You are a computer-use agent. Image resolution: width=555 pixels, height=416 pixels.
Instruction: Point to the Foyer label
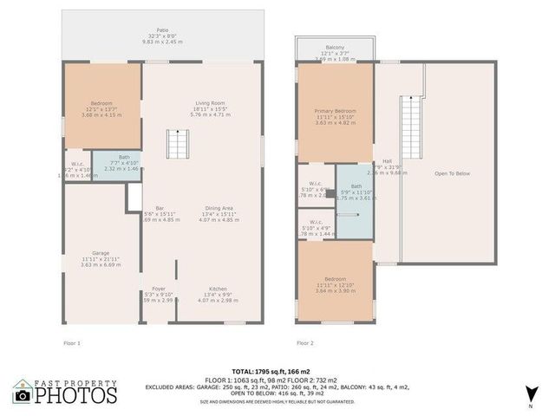pos(159,289)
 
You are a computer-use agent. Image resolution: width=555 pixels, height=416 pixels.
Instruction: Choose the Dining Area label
pos(218,208)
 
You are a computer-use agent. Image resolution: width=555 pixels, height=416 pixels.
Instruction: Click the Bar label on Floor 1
pos(160,208)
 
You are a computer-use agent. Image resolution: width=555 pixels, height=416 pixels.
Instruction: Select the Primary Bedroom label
pos(335,111)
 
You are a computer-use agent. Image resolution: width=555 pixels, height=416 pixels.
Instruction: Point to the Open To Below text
pos(452,173)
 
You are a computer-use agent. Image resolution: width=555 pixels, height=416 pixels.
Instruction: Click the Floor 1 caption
pos(72,343)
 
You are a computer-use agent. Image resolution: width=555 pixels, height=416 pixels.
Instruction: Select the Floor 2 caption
pos(305,343)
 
